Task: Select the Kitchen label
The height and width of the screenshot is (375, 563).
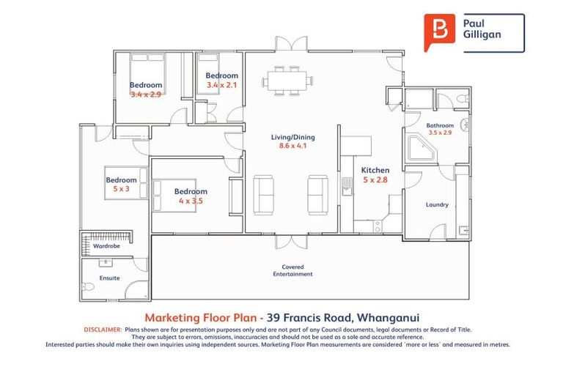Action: tap(375, 170)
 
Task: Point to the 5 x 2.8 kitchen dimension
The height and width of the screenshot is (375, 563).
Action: tap(375, 180)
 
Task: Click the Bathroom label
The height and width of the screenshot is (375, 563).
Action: tap(440, 125)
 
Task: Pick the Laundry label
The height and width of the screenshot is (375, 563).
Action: tap(437, 205)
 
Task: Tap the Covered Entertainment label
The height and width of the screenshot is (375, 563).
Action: tap(293, 270)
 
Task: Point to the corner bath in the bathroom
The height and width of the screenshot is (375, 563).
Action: tap(421, 151)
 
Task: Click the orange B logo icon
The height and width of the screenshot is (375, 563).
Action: tap(439, 32)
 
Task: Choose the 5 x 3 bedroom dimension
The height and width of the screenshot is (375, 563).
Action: tap(120, 189)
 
